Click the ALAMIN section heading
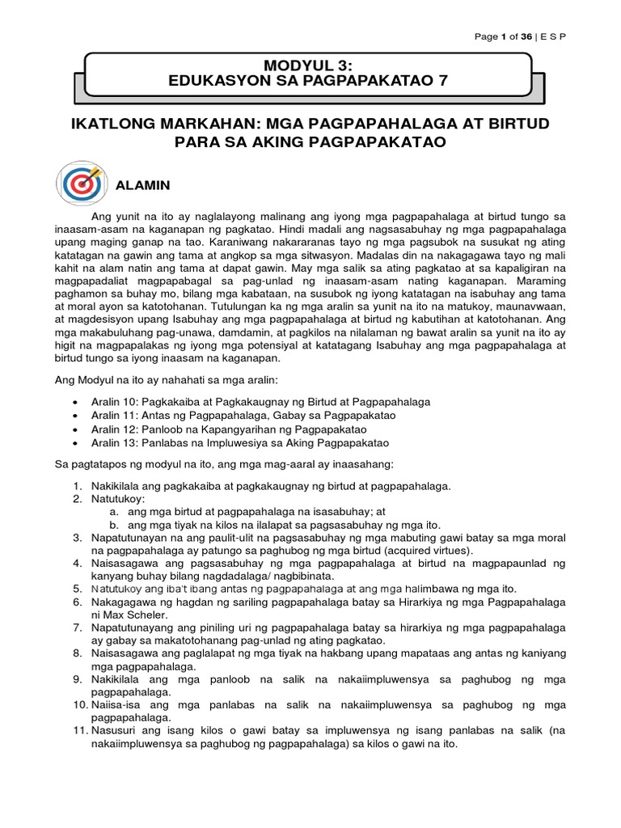click(144, 185)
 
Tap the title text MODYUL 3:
click(310, 64)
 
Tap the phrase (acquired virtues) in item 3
click(431, 549)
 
